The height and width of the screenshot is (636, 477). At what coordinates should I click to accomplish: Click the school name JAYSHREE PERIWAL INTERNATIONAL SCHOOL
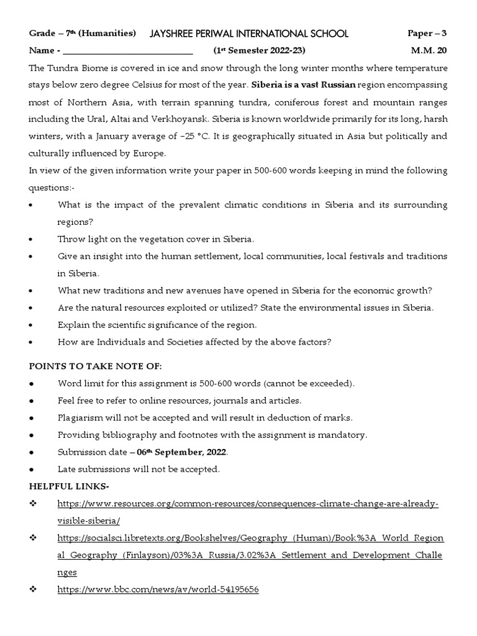pyautogui.click(x=249, y=34)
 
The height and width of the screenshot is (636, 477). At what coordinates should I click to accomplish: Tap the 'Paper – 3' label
pyautogui.click(x=426, y=34)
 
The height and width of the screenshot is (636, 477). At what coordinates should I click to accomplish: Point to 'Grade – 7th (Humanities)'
pyautogui.click(x=83, y=34)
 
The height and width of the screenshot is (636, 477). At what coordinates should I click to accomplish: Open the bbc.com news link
pyautogui.click(x=158, y=589)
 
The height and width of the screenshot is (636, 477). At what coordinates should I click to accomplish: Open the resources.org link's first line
pyautogui.click(x=248, y=504)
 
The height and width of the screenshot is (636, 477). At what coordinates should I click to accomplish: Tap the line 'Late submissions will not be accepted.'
pyautogui.click(x=139, y=469)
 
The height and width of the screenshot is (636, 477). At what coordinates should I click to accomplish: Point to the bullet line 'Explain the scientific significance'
pyautogui.click(x=157, y=325)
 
